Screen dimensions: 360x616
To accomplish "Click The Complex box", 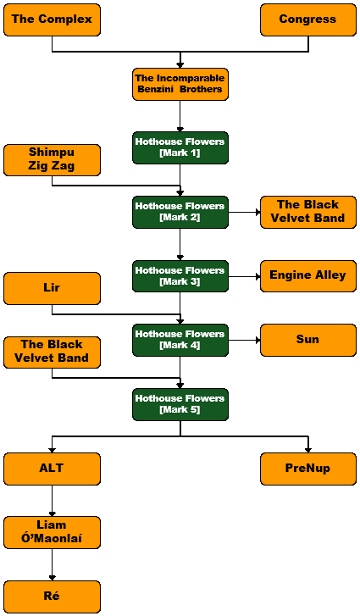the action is click(52, 19).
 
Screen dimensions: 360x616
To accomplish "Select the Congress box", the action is click(308, 19).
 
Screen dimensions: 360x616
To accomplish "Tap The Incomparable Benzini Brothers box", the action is click(180, 84).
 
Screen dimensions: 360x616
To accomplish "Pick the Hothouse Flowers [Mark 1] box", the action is click(180, 147).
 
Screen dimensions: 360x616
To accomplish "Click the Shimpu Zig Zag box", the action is click(52, 160).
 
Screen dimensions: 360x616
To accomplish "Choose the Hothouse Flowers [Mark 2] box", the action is click(180, 212).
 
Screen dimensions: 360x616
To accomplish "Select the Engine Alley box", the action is click(308, 275).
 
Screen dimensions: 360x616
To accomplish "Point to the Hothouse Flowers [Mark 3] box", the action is click(180, 276).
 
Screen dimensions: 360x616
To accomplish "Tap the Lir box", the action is click(52, 288).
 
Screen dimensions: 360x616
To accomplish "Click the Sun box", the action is click(308, 341).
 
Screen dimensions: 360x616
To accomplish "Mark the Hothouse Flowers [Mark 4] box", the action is click(180, 341).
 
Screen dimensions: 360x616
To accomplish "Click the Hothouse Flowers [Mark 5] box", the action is click(180, 405).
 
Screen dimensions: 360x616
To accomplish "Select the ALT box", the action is click(52, 469).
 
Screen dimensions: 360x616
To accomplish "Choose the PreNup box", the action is click(308, 469).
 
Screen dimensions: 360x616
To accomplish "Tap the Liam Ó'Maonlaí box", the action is click(52, 533).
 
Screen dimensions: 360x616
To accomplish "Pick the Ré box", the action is click(52, 597).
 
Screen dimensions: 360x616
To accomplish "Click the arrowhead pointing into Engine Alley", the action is click(258, 276).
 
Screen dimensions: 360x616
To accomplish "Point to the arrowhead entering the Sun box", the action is click(258, 341).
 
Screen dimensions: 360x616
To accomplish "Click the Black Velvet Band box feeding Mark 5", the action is click(52, 352).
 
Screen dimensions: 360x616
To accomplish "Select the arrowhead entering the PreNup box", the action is click(308, 450).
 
